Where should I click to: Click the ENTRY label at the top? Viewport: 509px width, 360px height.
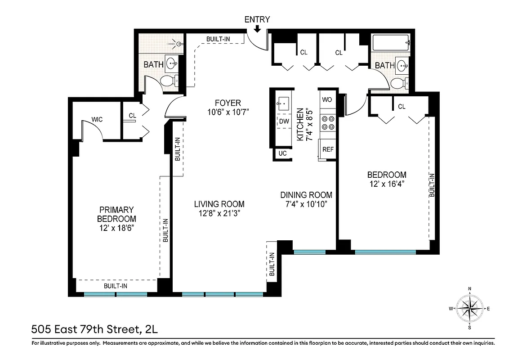point(257,19)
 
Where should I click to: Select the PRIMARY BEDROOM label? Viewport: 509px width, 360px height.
point(117,214)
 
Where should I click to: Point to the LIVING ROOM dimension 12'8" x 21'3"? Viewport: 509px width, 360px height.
point(219,213)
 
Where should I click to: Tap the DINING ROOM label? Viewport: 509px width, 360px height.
point(306,195)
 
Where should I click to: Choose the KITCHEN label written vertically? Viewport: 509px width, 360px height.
point(300,125)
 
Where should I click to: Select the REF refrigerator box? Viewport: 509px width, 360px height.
point(328,149)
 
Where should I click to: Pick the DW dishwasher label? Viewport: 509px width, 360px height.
point(283,121)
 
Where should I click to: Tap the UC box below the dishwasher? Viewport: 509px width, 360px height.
point(282,153)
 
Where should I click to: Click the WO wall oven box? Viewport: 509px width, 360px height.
point(327,99)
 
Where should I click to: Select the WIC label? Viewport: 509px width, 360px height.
point(97,119)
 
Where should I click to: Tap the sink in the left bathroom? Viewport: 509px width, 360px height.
point(171,63)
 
